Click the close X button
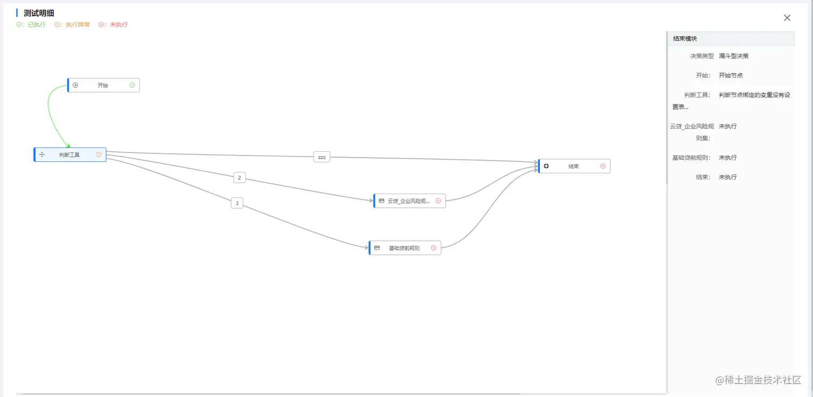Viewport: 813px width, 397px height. [x=787, y=18]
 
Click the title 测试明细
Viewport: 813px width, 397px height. [x=39, y=13]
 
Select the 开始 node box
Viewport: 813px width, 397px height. [x=103, y=85]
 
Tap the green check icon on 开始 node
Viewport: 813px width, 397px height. [x=132, y=85]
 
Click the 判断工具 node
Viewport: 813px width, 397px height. [x=70, y=155]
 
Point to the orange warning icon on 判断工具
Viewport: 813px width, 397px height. [x=98, y=155]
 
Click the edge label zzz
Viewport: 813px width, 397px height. [x=322, y=157]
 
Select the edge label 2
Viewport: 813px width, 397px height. [x=239, y=178]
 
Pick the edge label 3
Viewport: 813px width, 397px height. [x=237, y=203]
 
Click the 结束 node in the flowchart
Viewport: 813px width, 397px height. [x=574, y=166]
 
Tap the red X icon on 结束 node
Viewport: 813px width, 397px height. [x=603, y=166]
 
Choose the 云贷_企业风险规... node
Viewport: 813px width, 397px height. [x=409, y=201]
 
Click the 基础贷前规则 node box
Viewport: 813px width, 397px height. [x=404, y=248]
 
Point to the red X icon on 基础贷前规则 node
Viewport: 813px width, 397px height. [x=433, y=248]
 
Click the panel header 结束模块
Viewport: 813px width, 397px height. [x=685, y=39]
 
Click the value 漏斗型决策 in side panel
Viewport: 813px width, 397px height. [x=733, y=56]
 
